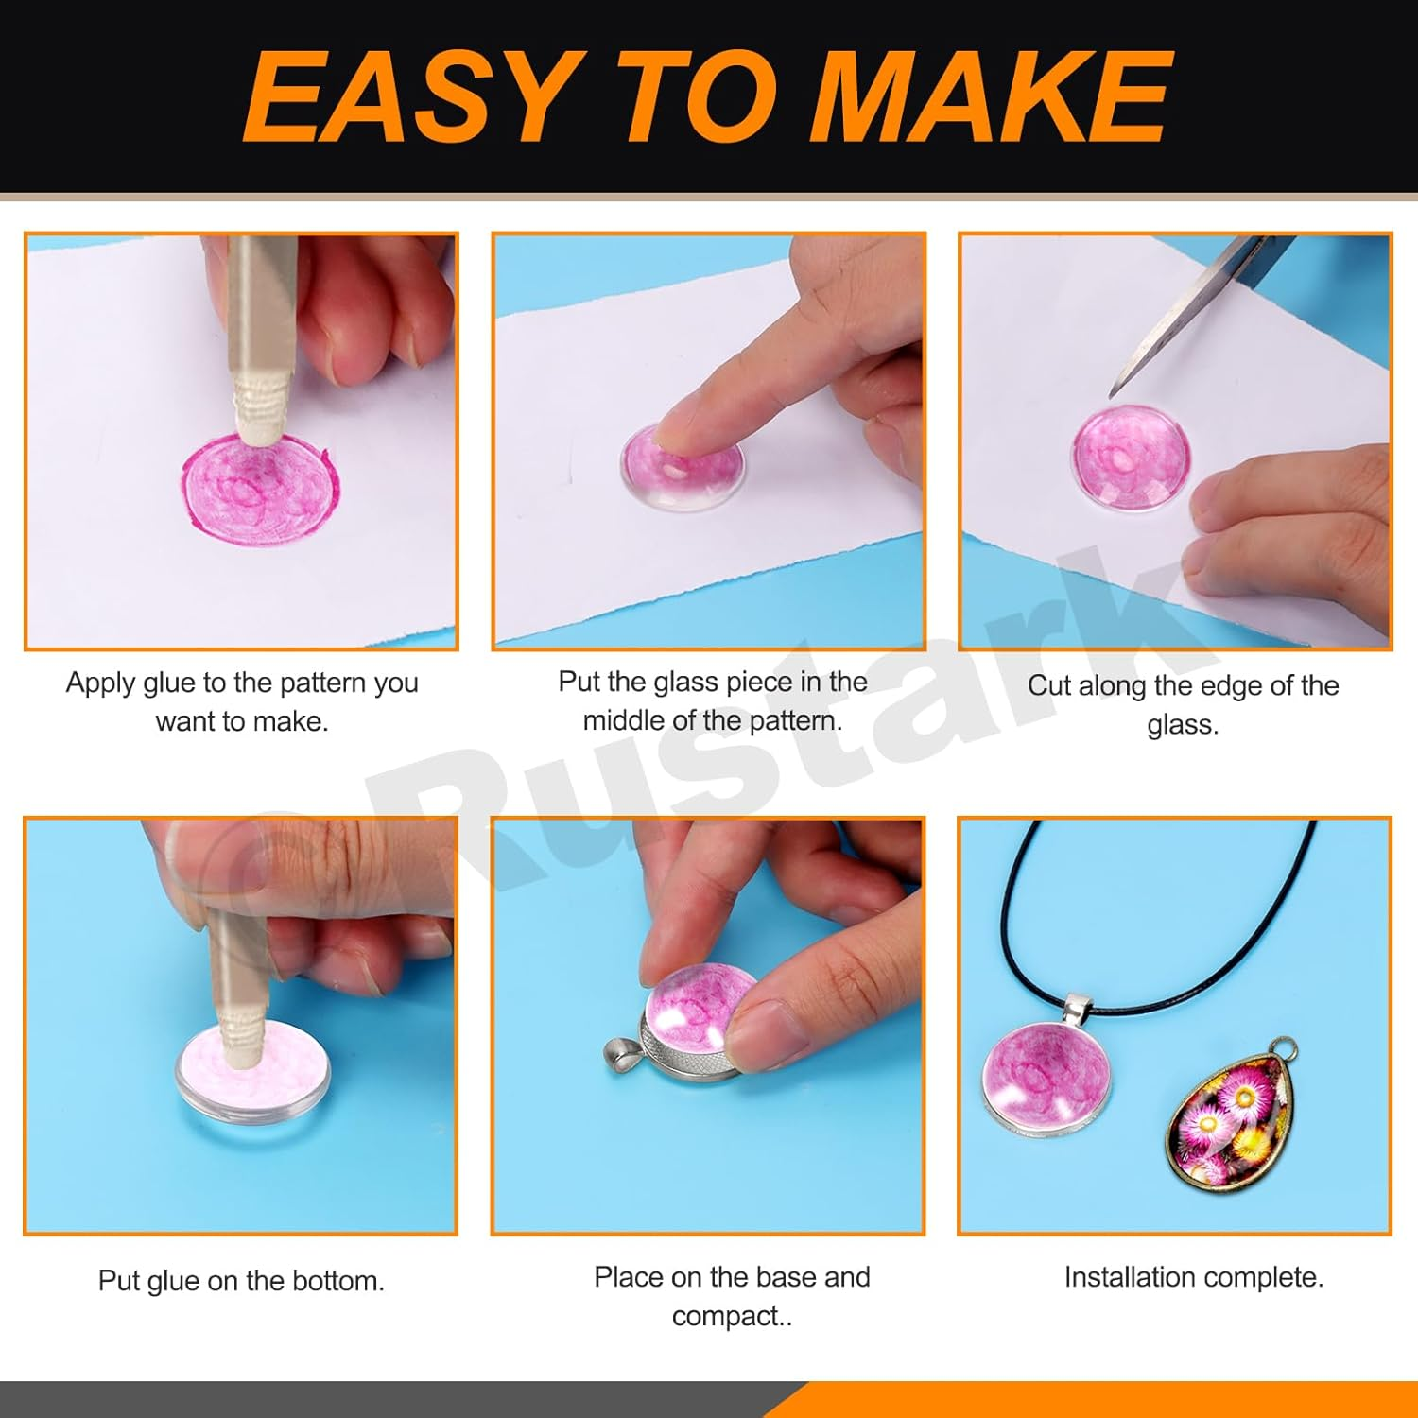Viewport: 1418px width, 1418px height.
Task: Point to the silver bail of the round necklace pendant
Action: click(x=1078, y=1007)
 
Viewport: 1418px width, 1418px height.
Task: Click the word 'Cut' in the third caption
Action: click(x=1049, y=685)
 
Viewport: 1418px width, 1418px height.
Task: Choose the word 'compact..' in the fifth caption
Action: click(x=733, y=1316)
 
